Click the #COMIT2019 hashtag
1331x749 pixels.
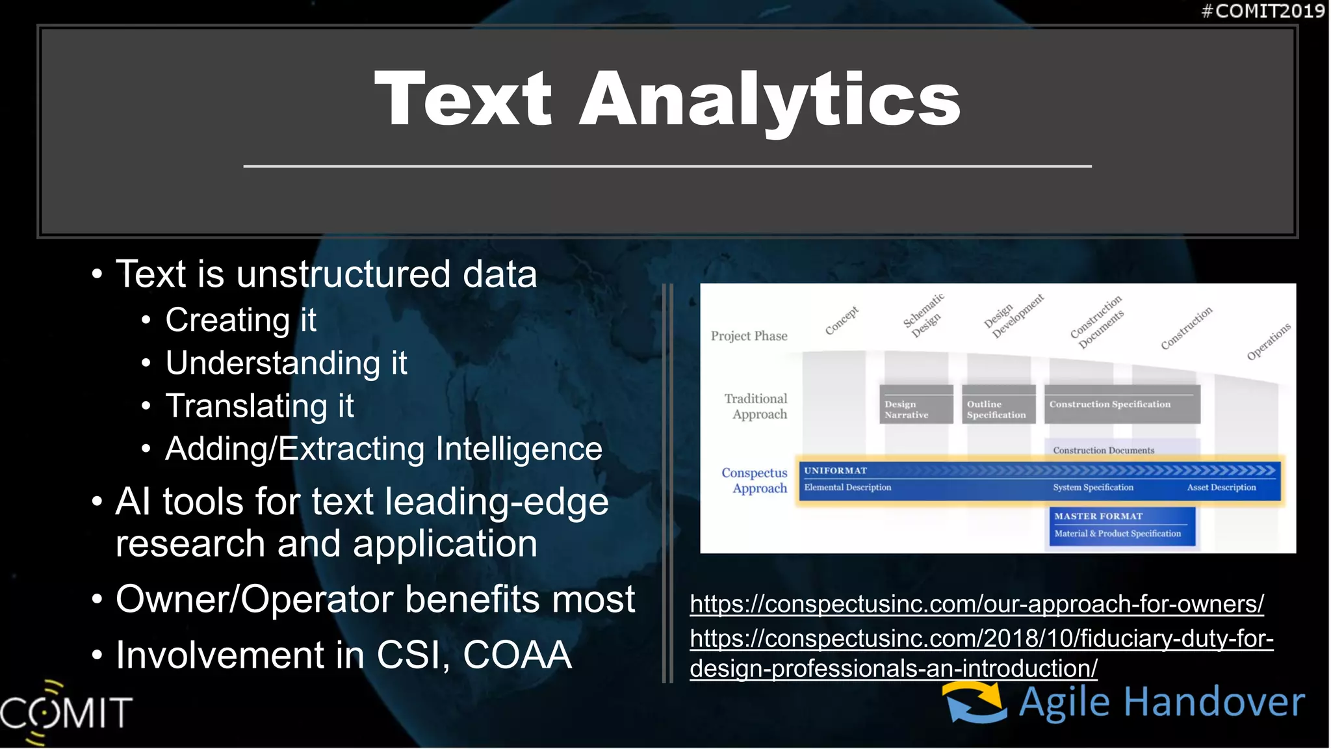pos(1262,11)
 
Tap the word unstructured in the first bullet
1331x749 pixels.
pos(343,274)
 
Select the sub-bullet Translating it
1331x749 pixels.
pos(259,406)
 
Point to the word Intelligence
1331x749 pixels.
pos(519,449)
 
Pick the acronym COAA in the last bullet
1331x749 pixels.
pos(517,655)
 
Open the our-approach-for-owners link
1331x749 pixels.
pos(976,604)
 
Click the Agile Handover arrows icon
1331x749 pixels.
pos(975,702)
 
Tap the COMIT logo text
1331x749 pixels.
pos(67,712)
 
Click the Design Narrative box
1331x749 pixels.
pos(916,405)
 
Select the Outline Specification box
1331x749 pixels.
pos(998,405)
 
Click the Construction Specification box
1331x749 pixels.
pos(1122,404)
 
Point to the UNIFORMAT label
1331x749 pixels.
pos(835,471)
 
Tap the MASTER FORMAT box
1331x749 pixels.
pos(1122,525)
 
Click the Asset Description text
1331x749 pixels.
pos(1221,488)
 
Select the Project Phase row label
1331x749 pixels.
pos(749,336)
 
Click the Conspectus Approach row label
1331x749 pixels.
pos(755,480)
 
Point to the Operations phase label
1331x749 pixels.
pos(1268,341)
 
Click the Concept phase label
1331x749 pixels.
pos(842,321)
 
